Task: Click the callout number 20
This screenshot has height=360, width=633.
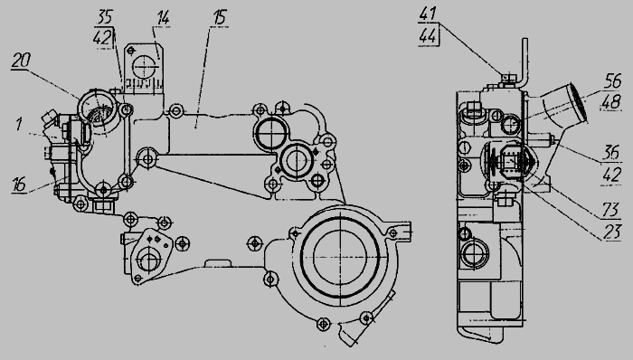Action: pos(21,61)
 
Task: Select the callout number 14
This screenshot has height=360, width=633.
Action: pos(162,18)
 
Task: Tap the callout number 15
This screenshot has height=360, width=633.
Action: pos(220,18)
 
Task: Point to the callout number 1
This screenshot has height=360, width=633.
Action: pos(19,124)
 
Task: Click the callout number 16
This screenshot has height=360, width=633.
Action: pos(19,184)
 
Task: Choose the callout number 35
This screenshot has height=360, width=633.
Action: pos(105,17)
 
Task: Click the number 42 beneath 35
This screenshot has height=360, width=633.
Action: pos(102,38)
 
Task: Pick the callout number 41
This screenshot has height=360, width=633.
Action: pos(428,14)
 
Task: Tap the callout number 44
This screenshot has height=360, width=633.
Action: pos(428,35)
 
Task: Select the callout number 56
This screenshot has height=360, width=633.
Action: pos(613,81)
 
